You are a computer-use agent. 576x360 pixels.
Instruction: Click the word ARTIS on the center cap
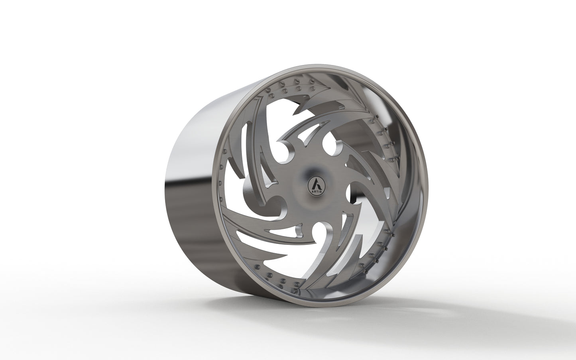point(316,192)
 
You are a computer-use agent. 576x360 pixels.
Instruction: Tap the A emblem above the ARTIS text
point(316,184)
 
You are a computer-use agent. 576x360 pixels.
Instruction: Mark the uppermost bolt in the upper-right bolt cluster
point(374,118)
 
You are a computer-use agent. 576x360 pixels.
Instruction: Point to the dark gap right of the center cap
point(356,195)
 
